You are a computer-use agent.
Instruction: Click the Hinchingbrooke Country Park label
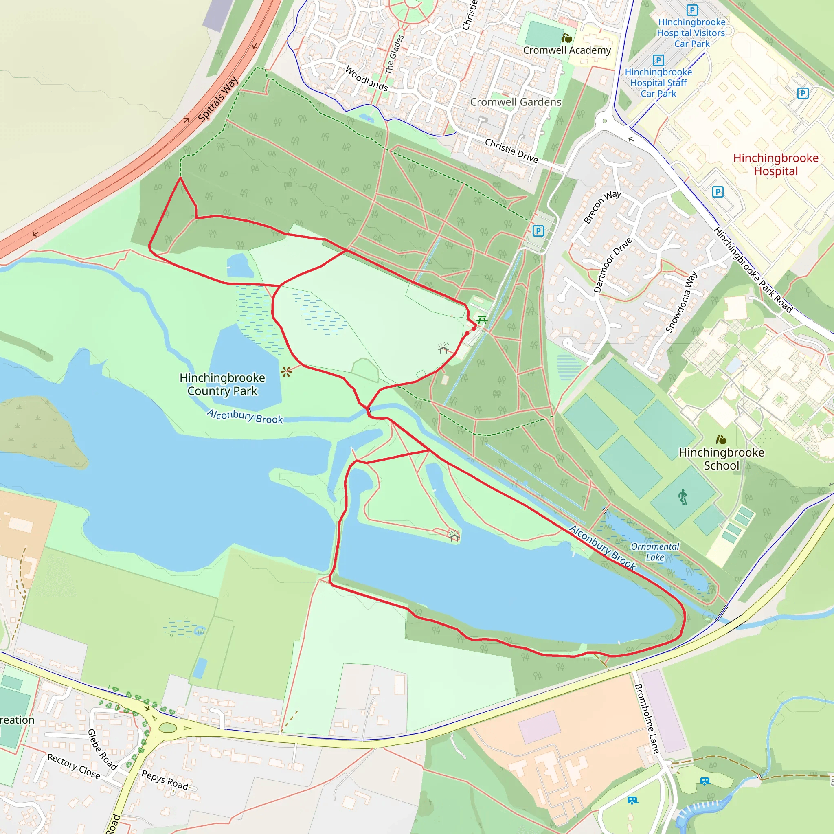tap(222, 384)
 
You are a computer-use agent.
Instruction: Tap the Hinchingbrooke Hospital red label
tap(776, 165)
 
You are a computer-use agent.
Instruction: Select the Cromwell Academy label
tap(567, 50)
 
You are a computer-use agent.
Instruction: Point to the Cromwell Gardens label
tap(516, 102)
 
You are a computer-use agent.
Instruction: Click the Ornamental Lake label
tap(655, 552)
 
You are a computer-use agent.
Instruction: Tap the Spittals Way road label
tap(218, 99)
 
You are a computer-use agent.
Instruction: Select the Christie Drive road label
tap(511, 151)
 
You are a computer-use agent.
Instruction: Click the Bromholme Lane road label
tap(647, 719)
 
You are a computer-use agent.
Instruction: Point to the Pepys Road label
tap(165, 779)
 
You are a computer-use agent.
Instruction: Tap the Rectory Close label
tap(74, 766)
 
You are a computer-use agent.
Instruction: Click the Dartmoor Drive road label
tap(612, 265)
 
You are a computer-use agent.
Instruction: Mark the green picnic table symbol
tap(482, 320)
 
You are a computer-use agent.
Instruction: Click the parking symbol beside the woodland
tap(538, 231)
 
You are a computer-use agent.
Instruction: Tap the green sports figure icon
tap(683, 497)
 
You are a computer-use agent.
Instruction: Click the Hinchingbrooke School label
tap(721, 459)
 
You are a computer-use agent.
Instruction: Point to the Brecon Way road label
tap(602, 207)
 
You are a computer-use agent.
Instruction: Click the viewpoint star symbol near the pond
tap(286, 372)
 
